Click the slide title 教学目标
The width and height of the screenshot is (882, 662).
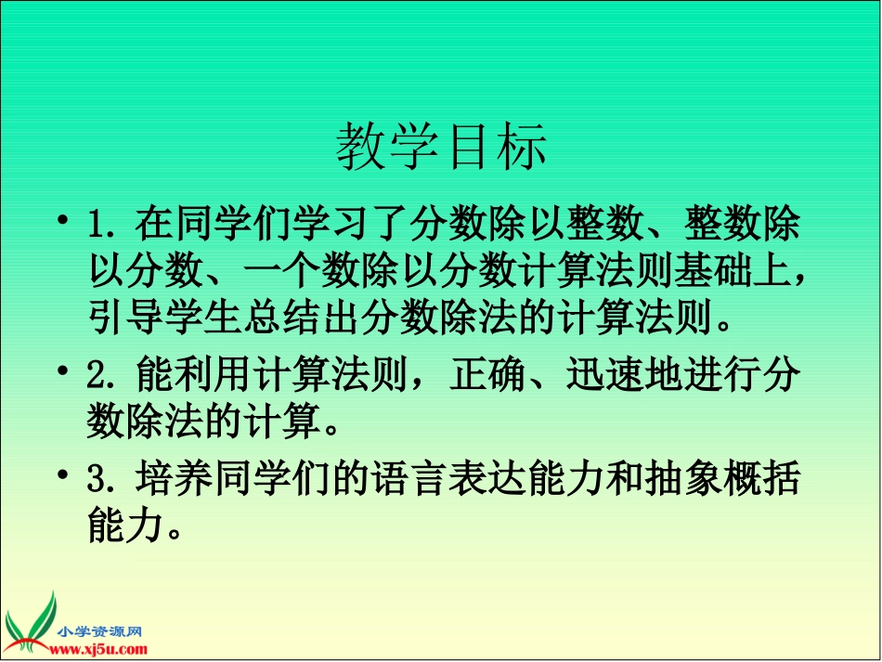(x=442, y=147)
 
